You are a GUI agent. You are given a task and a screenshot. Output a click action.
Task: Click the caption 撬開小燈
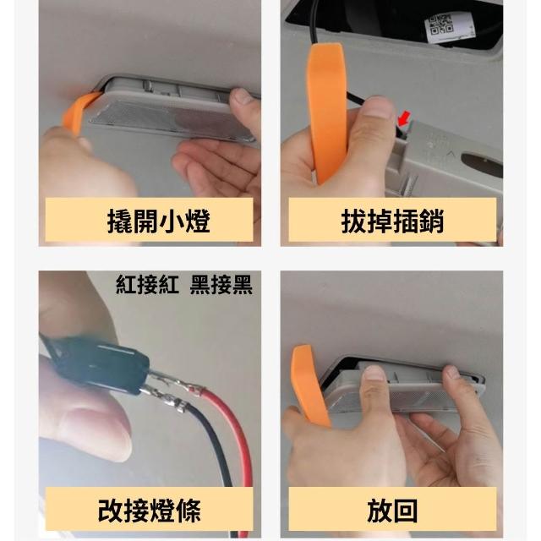point(158,221)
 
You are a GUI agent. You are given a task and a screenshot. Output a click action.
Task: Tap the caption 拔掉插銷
point(392,221)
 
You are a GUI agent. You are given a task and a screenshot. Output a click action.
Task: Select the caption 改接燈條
point(149,511)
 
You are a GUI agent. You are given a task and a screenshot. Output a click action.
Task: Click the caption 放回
point(392,511)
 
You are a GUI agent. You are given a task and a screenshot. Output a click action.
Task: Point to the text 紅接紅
point(147,284)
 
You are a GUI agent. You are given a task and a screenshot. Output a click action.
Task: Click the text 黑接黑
point(221,284)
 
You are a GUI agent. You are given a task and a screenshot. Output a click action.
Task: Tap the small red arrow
point(404,118)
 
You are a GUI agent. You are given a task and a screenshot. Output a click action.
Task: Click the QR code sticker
point(442,26)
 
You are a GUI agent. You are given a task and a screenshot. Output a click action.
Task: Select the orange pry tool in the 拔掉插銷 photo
point(327,111)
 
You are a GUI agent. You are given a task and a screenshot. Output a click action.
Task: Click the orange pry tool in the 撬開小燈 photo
point(79,112)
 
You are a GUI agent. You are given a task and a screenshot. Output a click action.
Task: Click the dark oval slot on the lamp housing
point(482,161)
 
